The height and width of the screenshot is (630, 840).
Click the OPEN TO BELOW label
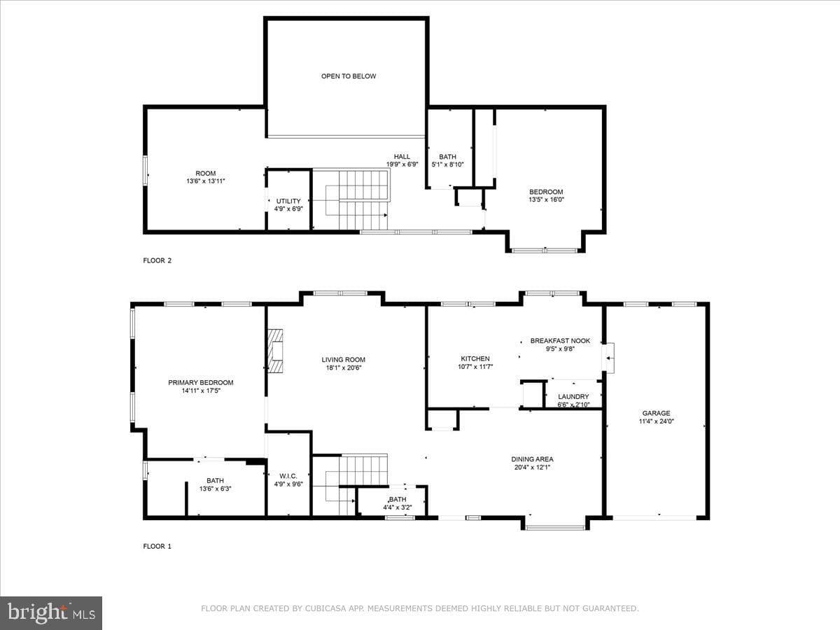(x=348, y=76)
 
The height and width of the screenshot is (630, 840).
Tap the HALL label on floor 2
(x=402, y=156)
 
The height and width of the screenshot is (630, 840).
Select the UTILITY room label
(x=288, y=201)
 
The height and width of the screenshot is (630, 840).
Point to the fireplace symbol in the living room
(x=275, y=351)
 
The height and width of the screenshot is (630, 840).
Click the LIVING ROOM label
(x=343, y=360)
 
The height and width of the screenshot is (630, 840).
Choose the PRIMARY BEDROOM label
(x=200, y=382)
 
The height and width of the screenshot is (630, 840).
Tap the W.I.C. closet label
(x=288, y=476)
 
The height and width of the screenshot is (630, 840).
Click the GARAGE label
(x=656, y=413)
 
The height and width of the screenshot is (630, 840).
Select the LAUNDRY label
(x=573, y=397)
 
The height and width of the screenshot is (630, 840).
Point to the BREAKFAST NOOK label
(x=560, y=340)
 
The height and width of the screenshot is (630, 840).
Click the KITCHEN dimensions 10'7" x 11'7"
(x=475, y=366)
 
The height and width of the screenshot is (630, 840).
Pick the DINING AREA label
(x=532, y=459)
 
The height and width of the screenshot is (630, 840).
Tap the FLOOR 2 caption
(x=157, y=260)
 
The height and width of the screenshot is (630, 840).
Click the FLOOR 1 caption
(x=157, y=546)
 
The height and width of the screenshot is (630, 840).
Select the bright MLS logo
(x=51, y=613)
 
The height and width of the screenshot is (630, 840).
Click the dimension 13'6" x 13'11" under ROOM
(x=206, y=181)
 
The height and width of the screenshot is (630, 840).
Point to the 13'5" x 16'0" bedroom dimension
(x=546, y=199)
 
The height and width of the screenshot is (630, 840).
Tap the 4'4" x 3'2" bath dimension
(x=397, y=507)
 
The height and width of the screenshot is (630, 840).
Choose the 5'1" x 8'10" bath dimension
(x=447, y=164)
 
